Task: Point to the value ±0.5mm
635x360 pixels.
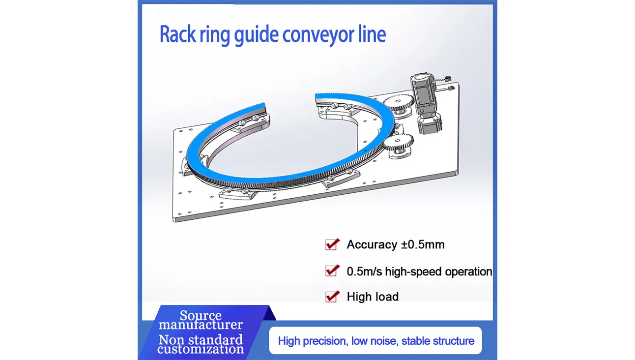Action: pos(422,244)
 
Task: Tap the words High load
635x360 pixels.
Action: pos(373,297)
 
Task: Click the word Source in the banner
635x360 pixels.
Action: pos(200,316)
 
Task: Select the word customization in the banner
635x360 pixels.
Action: pos(201,349)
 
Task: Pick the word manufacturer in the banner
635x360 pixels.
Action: pos(201,325)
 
